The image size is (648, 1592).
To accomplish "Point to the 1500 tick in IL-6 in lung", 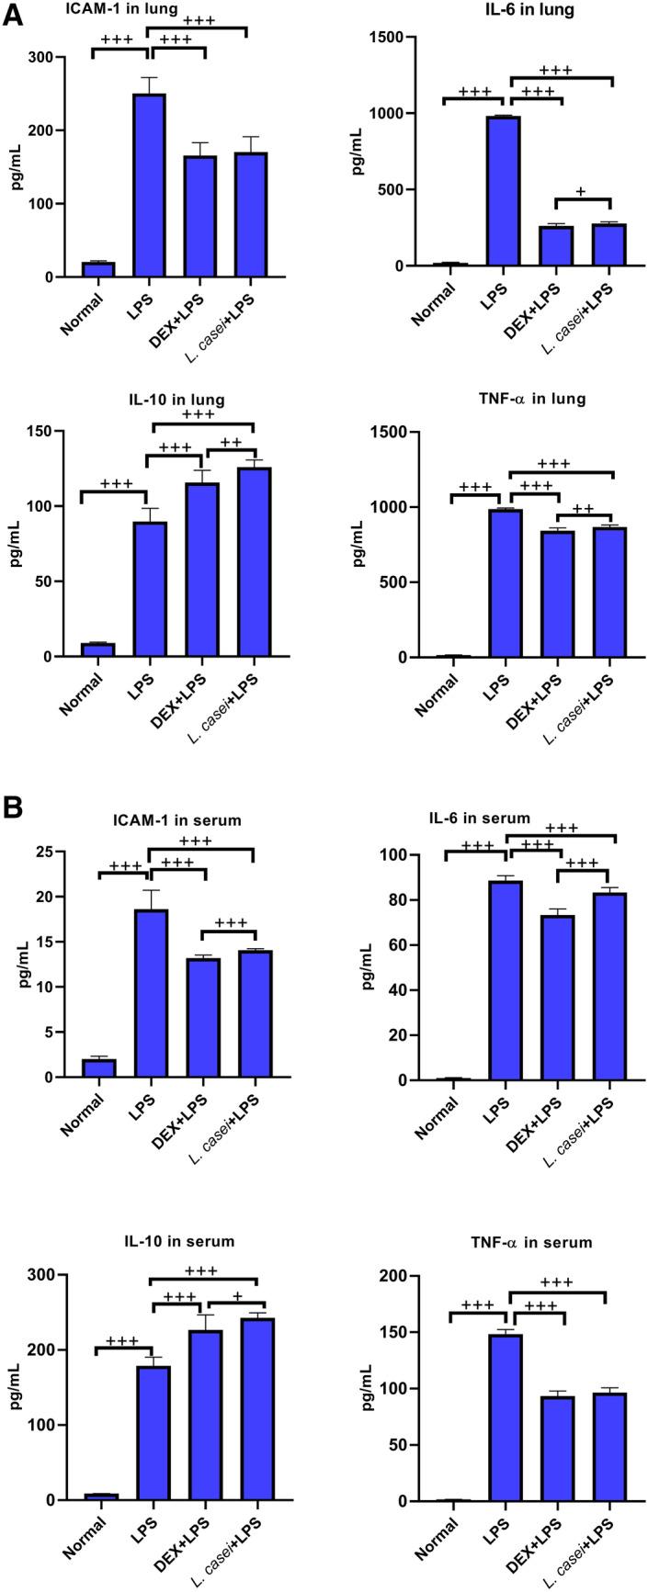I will point(391,37).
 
